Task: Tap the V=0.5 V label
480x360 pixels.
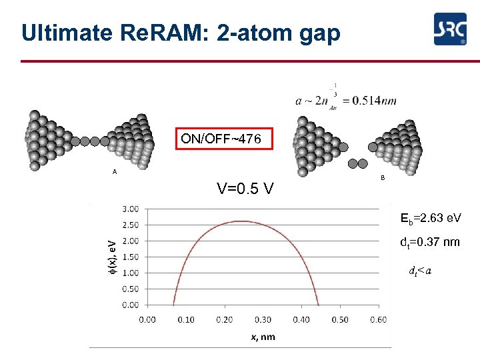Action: [245, 189]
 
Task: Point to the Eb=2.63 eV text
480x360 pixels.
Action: [430, 218]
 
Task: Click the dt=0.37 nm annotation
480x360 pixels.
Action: [429, 242]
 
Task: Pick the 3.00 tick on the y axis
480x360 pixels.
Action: [130, 209]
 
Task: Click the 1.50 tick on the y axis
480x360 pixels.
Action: [130, 257]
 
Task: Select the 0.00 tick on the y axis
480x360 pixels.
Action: [130, 305]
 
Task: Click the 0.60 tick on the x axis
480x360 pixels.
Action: [378, 319]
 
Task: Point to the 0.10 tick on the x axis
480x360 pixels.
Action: [185, 319]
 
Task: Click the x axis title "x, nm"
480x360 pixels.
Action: [263, 337]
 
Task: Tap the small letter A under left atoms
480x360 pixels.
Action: [115, 172]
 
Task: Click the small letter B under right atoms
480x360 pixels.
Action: [382, 177]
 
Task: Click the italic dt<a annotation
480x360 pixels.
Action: [419, 271]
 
